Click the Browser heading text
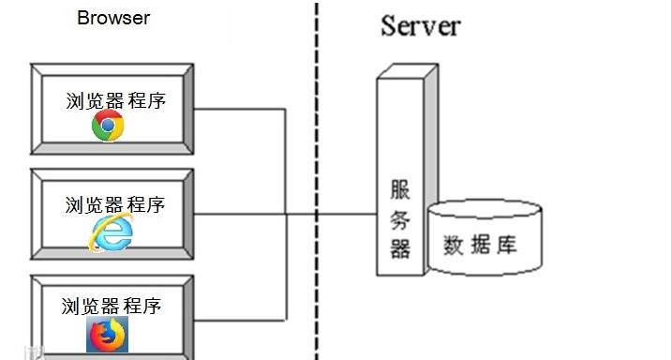(112, 18)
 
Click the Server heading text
(420, 25)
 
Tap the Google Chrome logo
(108, 127)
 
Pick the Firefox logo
(105, 334)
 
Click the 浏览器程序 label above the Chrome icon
(115, 100)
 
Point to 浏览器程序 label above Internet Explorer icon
(115, 204)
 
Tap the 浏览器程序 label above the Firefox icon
(112, 306)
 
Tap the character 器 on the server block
(400, 248)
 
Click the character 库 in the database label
(507, 247)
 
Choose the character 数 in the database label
(455, 247)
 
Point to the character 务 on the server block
(400, 220)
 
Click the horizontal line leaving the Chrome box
(239, 110)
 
